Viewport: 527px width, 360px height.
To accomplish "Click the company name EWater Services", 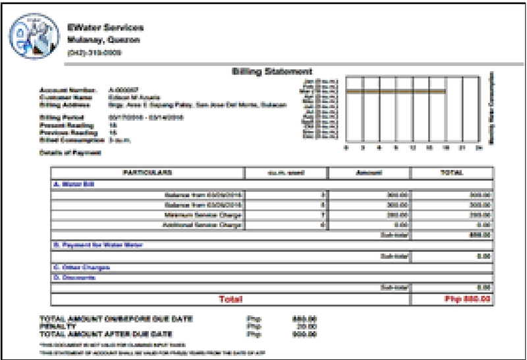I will [x=105, y=28].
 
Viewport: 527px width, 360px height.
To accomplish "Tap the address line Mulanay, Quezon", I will [x=103, y=40].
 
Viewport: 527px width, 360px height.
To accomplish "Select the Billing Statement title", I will [x=271, y=71].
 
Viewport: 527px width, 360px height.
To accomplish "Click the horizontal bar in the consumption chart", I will [x=395, y=92].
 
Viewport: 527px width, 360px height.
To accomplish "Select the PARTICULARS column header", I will [x=148, y=172].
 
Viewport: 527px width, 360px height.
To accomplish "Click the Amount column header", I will [x=368, y=172].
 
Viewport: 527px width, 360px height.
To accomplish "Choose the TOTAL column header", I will [x=452, y=172].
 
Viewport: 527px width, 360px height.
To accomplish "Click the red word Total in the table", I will [x=230, y=299].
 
